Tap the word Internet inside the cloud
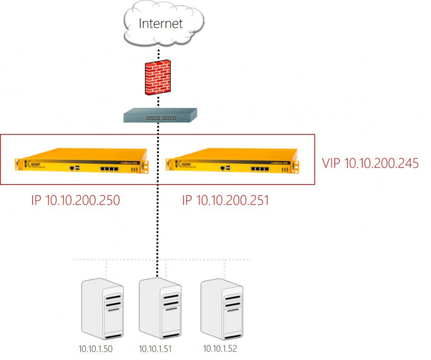point(161,24)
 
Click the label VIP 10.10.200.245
point(370,164)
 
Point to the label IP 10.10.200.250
point(75,200)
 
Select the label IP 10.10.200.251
point(225,200)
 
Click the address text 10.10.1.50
point(95,349)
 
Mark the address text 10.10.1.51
point(155,349)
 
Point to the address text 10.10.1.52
point(220,349)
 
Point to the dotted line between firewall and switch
point(158,102)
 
